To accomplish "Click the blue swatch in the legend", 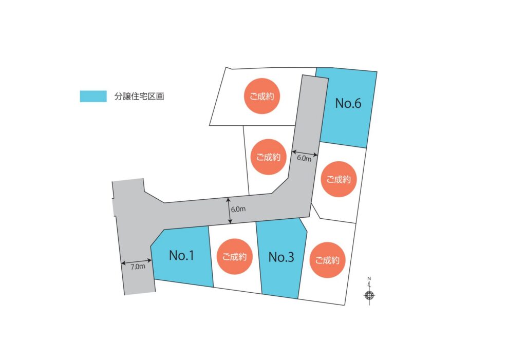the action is pos(93,96).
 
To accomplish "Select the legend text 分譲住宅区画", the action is pos(139,96).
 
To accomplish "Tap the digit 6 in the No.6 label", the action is pos(357,103).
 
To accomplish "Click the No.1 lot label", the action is pos(181,255).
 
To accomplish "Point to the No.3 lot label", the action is pos(281,257).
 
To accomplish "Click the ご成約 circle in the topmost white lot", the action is pos(261,96).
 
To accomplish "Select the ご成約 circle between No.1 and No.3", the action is pos(234,257).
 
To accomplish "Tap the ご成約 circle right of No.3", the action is pos(327,260).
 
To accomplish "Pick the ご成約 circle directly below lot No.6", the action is pos(339,179).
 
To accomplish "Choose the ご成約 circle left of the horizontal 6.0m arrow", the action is pos(268,157).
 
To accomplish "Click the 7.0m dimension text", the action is pos(138,267).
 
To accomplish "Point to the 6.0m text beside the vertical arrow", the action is pos(238,209).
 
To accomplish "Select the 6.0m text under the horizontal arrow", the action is pos(304,158).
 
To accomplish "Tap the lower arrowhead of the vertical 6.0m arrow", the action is pos(230,221).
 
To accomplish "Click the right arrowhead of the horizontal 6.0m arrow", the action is pos(315,155).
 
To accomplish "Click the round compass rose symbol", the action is pos(369,295).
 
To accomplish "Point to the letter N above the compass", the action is pos(369,279).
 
